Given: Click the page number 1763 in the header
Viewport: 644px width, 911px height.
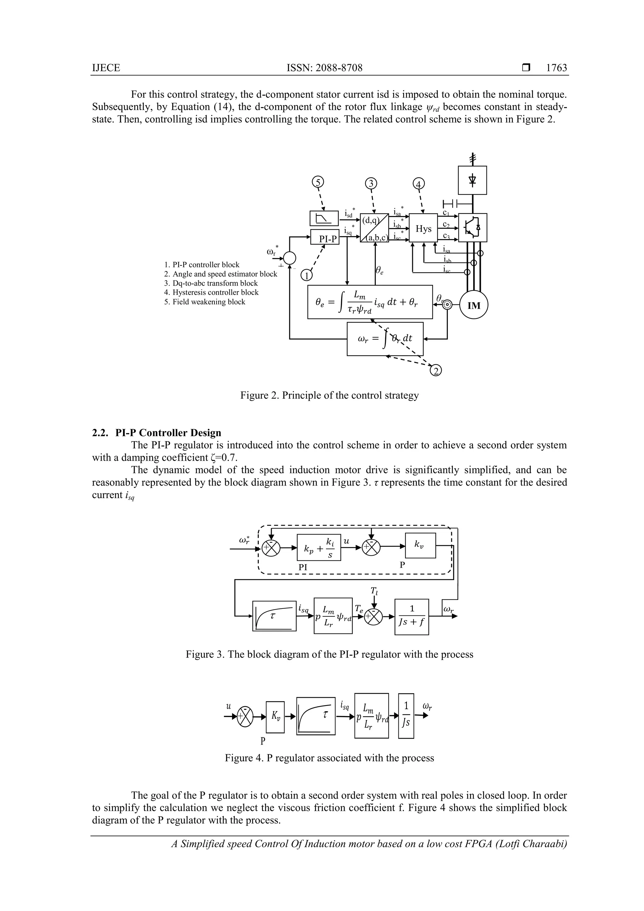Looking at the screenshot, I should pyautogui.click(x=556, y=68).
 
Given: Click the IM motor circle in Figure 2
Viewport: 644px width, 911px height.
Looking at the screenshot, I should pyautogui.click(x=474, y=306).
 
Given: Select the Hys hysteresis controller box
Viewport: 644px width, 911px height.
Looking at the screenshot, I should pyautogui.click(x=423, y=229).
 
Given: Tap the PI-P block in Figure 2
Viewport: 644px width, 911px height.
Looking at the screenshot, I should pyautogui.click(x=324, y=238).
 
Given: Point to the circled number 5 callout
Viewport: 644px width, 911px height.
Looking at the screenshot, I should pyautogui.click(x=318, y=182).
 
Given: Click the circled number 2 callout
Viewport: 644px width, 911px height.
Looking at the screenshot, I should pyautogui.click(x=436, y=370).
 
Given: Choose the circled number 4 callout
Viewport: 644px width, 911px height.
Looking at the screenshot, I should pyautogui.click(x=419, y=184).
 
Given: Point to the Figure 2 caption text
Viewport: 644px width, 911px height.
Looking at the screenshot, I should pyautogui.click(x=329, y=396).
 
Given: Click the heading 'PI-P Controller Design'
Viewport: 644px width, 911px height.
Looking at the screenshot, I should pyautogui.click(x=168, y=432).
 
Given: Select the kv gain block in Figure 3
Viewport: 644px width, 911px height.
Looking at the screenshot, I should pyautogui.click(x=420, y=545).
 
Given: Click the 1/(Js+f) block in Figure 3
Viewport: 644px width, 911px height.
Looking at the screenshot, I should pyautogui.click(x=412, y=617).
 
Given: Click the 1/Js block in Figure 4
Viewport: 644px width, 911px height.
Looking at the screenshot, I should pyautogui.click(x=406, y=716).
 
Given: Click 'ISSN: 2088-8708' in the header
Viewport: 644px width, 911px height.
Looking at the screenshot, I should pyautogui.click(x=325, y=68).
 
